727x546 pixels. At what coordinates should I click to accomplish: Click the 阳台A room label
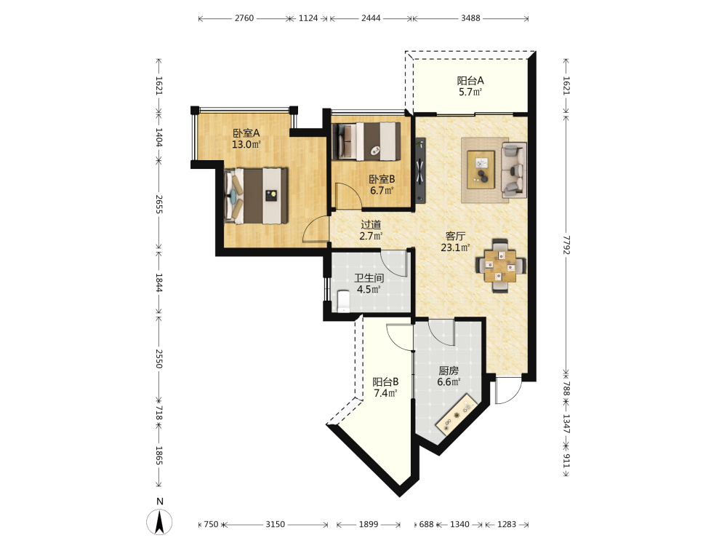pos(470,87)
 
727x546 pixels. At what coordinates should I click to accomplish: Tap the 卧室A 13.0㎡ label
pos(246,139)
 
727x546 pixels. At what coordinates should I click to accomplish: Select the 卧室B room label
pos(382,184)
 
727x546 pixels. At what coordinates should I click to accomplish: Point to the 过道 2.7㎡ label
pos(371,230)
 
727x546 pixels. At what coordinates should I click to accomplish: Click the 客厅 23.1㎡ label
pos(455,242)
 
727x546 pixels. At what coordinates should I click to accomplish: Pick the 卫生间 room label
pos(369,284)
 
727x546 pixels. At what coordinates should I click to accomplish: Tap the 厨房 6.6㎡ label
pos(449,376)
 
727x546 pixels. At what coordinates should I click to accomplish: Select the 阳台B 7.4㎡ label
pos(386,388)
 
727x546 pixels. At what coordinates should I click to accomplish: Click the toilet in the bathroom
pos(344,301)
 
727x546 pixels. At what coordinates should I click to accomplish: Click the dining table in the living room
pos(500,266)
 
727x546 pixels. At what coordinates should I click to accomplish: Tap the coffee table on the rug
pos(481,170)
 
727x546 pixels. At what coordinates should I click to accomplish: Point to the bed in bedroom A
pos(255,196)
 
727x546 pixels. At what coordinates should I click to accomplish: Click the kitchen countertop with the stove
pos(457,414)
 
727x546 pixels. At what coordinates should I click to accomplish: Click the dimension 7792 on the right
pos(566,245)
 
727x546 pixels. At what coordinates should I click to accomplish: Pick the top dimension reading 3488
pos(470,18)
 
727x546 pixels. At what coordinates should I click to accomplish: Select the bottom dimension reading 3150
pos(275,524)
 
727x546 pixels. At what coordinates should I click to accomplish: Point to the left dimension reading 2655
pos(159,205)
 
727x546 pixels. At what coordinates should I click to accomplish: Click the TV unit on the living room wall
pos(420,170)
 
